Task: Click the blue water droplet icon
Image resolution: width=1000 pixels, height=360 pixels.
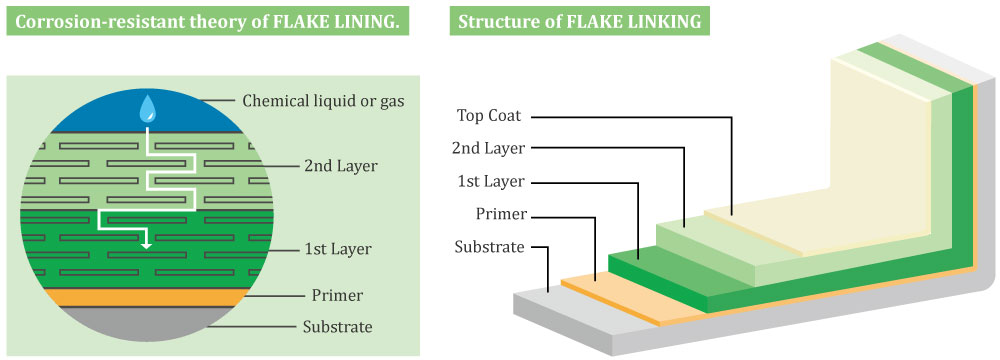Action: click(148, 106)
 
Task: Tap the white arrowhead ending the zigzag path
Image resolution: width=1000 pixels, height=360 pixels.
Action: click(146, 242)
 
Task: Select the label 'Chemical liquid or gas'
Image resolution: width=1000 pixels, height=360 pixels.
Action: click(322, 100)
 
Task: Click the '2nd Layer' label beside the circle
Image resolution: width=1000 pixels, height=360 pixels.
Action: click(340, 166)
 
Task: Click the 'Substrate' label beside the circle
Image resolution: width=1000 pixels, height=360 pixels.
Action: click(338, 327)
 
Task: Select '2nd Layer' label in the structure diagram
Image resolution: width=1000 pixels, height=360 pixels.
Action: click(489, 148)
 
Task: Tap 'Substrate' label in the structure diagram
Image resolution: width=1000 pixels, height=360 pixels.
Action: click(489, 247)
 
